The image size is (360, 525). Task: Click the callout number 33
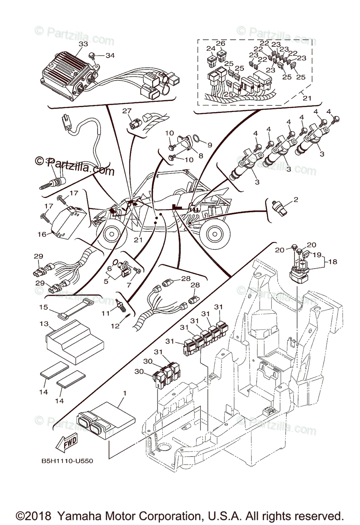83,44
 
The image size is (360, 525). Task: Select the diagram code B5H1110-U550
67,461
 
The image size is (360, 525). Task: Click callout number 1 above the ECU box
124,393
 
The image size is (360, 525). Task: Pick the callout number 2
296,200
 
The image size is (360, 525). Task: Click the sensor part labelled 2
280,207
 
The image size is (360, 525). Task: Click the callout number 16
42,234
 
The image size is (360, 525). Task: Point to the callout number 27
127,111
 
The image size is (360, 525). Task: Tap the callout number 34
110,56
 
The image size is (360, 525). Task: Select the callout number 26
220,44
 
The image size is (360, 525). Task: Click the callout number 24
211,48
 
